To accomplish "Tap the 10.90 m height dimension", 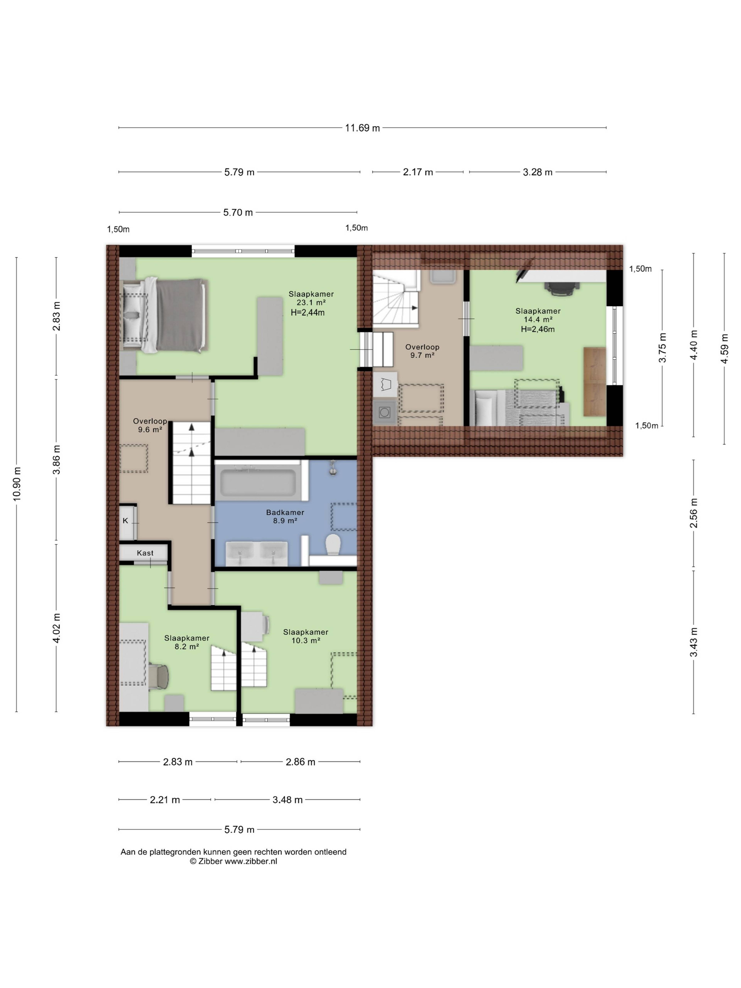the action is tap(17, 484).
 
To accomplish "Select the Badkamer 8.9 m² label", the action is tap(285, 516).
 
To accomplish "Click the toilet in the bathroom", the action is tap(333, 545).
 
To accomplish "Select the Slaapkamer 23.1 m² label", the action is tap(311, 298).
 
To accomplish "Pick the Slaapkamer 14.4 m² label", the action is tap(538, 315).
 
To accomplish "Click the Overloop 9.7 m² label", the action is tap(422, 351).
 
